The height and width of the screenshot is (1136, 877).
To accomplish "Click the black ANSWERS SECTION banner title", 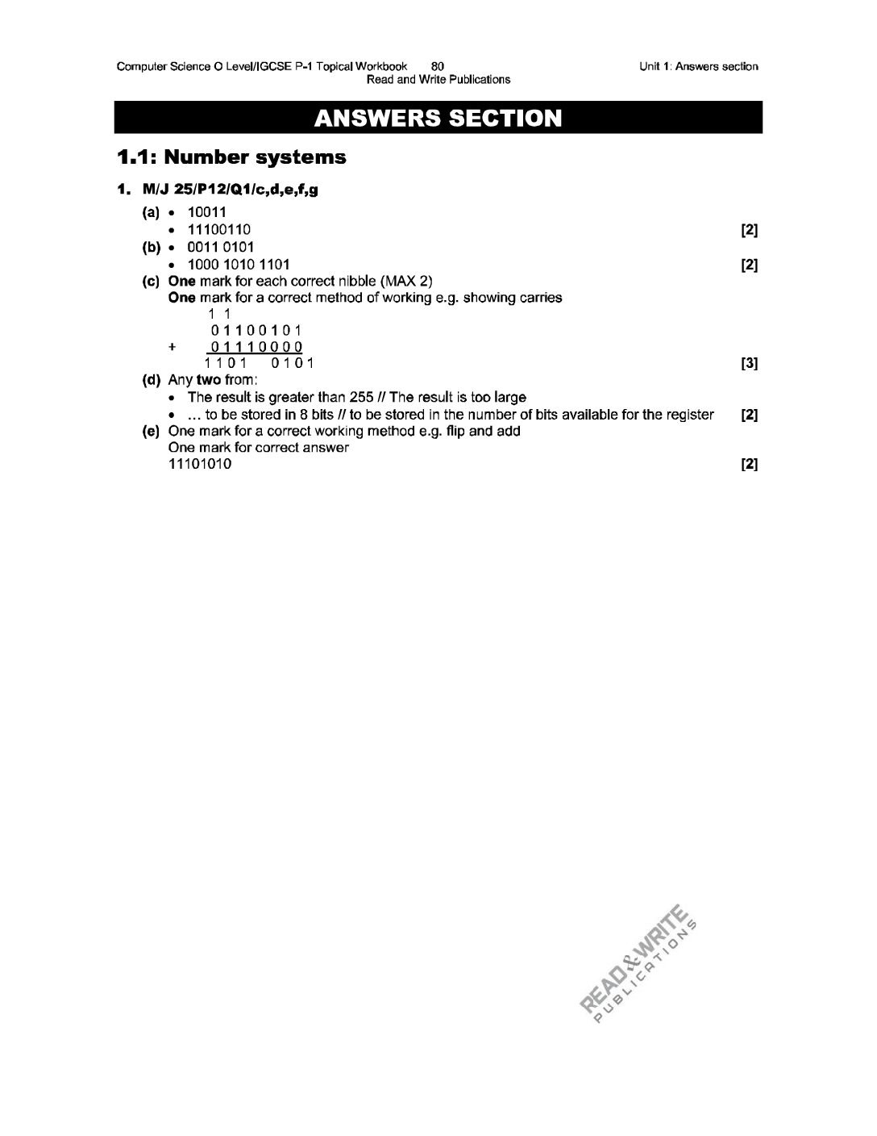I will (438, 118).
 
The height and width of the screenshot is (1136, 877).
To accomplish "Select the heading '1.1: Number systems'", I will (231, 157).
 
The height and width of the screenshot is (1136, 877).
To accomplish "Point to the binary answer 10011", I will (206, 213).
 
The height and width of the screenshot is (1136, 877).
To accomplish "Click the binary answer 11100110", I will (218, 230).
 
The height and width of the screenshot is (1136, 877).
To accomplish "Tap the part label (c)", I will (151, 281).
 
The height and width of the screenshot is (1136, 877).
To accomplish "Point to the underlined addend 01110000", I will (256, 347).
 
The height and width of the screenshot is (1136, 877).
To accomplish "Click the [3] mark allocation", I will (749, 363).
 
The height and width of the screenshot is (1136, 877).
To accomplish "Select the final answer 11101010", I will (200, 464).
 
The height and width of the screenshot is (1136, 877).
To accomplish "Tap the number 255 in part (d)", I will (360, 397).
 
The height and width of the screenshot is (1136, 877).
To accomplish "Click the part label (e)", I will (151, 431).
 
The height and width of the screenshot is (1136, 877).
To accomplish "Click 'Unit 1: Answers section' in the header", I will (698, 67).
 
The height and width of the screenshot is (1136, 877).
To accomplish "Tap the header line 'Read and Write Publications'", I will (438, 79).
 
